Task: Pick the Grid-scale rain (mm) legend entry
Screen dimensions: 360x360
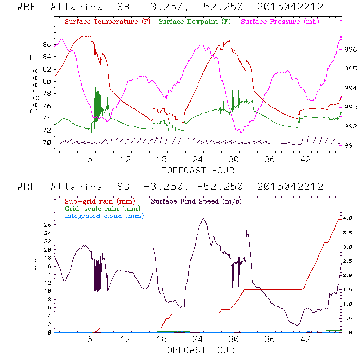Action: (x=100, y=208)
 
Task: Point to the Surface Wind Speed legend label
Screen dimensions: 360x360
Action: (x=197, y=201)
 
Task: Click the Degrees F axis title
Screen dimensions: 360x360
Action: (x=34, y=84)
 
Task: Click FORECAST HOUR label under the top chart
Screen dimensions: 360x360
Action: (x=198, y=170)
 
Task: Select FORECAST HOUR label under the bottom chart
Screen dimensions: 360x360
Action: (x=198, y=350)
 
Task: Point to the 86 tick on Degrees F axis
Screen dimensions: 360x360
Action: (x=47, y=44)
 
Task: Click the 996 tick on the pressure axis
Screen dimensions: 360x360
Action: (x=351, y=49)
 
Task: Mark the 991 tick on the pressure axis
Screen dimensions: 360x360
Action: (x=351, y=144)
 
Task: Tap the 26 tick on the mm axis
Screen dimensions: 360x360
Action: (x=47, y=225)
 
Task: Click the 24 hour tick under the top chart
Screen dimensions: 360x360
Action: (x=198, y=160)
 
